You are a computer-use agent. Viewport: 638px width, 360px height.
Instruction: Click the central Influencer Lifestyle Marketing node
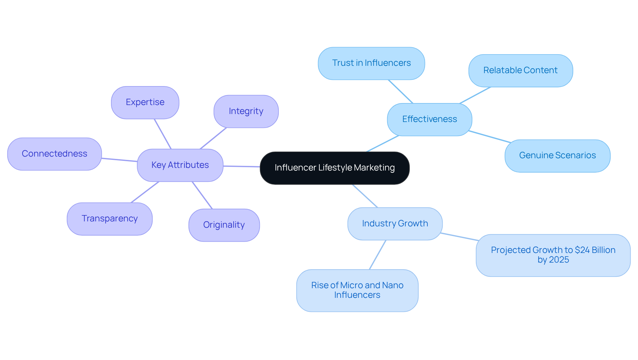coord(334,168)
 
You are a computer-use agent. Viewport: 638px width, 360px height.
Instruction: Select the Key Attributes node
coord(180,165)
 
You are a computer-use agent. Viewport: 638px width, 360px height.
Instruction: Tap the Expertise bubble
coord(145,102)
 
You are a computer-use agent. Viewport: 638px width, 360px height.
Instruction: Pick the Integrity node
coord(246,111)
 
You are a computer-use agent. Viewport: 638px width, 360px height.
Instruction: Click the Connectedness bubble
coord(54,154)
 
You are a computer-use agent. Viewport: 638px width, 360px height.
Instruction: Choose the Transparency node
coord(109,219)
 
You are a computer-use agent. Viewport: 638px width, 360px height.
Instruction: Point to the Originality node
coord(224,225)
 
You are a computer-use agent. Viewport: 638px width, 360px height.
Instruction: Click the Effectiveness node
coord(429,119)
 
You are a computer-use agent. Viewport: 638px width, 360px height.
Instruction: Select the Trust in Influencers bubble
coord(371,63)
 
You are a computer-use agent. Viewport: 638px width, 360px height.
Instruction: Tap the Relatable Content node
coord(520,70)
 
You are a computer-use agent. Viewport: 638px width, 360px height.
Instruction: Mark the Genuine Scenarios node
coord(557,156)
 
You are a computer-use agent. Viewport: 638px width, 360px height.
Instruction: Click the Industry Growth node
coord(395,224)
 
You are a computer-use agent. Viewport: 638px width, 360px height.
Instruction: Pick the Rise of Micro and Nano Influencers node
coord(357,290)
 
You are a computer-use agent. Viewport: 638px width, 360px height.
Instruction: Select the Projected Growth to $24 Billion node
coord(553,255)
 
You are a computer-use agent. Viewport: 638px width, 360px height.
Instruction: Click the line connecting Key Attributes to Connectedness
coord(119,160)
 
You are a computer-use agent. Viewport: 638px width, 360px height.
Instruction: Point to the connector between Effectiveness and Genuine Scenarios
coord(489,137)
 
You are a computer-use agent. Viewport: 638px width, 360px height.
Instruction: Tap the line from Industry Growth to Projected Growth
coord(460,237)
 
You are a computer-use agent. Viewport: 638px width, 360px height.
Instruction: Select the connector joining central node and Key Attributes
coord(242,166)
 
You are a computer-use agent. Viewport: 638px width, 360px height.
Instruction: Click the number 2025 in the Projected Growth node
coord(559,260)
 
